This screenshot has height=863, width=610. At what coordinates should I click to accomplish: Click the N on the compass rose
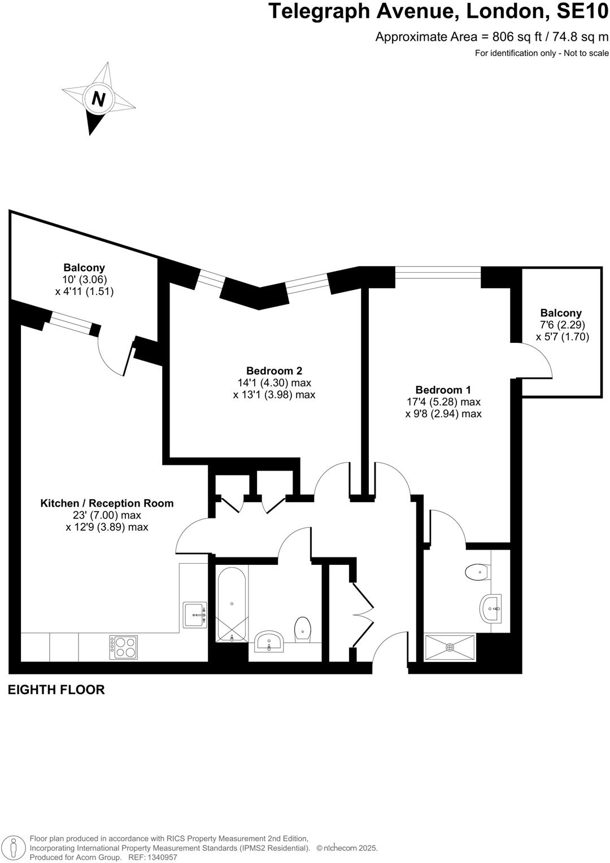coord(98,99)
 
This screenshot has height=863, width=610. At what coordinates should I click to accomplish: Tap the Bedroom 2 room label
coord(274,371)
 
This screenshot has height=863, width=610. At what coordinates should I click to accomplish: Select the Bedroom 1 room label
coord(443,390)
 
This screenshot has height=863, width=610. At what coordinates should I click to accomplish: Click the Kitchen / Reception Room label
coord(107,503)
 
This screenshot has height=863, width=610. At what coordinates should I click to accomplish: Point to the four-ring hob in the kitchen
coord(124,647)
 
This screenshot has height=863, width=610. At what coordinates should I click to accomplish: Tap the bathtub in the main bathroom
coord(232,605)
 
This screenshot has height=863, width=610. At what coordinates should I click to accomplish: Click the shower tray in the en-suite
coord(450,647)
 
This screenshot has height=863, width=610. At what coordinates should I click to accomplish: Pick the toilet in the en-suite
coord(477,572)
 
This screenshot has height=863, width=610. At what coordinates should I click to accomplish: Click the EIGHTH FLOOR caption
coord(56,690)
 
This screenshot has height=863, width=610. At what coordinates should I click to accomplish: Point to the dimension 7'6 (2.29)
coord(562,325)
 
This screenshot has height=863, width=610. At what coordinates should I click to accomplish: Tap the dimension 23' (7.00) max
coord(107,515)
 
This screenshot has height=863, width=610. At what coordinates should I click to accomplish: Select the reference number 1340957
coord(161,857)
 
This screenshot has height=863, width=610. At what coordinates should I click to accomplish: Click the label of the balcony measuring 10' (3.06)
coord(84,268)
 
